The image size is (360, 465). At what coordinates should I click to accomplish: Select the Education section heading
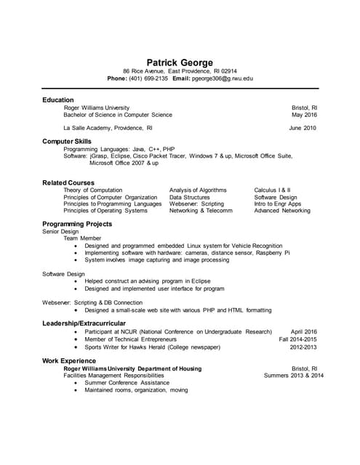click(57, 100)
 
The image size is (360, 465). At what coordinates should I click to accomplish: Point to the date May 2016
click(304, 115)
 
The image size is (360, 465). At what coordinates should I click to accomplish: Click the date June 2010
click(303, 128)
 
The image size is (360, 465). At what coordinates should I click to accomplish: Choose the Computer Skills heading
click(67, 141)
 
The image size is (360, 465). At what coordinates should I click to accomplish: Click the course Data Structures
click(190, 198)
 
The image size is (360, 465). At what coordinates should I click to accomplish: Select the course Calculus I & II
click(272, 190)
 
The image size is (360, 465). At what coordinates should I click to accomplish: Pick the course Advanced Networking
click(282, 211)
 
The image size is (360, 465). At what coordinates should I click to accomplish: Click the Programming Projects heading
click(77, 224)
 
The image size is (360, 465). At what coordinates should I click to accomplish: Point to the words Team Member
click(82, 238)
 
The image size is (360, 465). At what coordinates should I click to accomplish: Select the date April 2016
click(304, 331)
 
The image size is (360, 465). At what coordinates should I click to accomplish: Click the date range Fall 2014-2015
click(297, 339)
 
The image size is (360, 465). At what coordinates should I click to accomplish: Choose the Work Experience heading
click(69, 360)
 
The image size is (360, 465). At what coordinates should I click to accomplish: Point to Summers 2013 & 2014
click(293, 376)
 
